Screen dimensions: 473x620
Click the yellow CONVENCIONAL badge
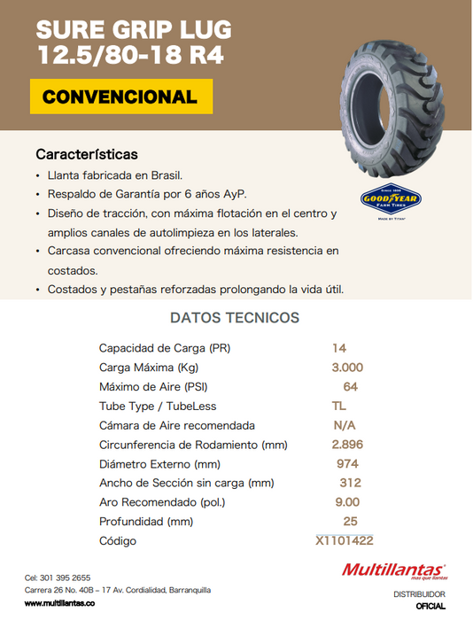120,97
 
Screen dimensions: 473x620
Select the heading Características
87,154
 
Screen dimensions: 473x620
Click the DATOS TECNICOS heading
234,318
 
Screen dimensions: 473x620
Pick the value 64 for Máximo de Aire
350,387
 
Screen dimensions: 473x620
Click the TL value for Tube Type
338,406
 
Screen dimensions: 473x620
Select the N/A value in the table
345,425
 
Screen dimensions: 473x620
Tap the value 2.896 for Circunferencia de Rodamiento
347,445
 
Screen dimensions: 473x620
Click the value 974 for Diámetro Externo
347,464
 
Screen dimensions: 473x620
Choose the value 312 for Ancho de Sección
350,483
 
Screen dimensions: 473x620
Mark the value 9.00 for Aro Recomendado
347,502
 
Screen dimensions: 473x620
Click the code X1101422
345,540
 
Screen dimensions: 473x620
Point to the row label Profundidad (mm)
145,522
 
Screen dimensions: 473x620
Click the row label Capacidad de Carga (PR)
165,348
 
